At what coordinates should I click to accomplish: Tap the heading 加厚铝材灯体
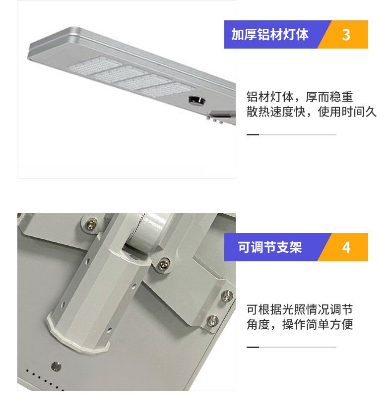[x=270, y=34]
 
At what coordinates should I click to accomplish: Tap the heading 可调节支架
[x=270, y=247]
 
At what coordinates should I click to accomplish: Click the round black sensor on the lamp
[x=197, y=100]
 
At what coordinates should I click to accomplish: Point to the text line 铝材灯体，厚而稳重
[x=300, y=97]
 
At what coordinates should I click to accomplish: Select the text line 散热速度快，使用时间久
[x=312, y=112]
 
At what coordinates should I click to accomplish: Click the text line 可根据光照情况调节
[x=300, y=309]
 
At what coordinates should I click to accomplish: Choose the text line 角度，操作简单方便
[x=300, y=324]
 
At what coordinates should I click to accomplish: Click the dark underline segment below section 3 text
[x=253, y=135]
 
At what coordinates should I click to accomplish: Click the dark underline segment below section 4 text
[x=253, y=348]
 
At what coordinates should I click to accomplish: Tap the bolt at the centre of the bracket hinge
[x=163, y=265]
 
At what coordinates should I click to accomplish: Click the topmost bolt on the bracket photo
[x=91, y=224]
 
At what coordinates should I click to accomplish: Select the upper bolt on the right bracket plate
[x=227, y=296]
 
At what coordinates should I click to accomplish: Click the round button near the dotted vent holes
[x=56, y=366]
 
